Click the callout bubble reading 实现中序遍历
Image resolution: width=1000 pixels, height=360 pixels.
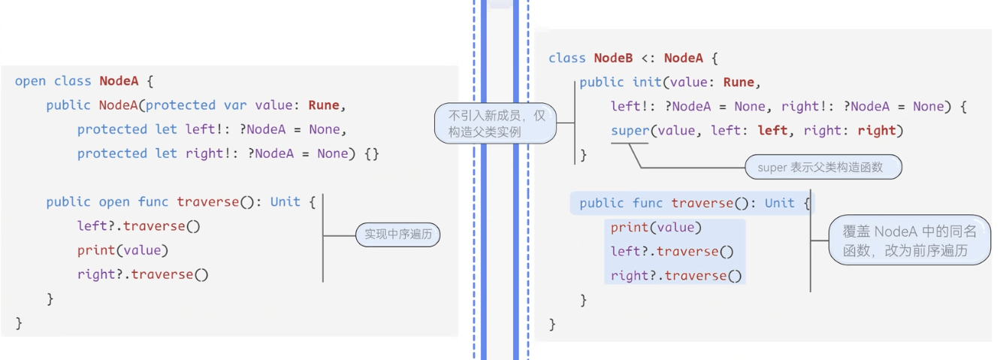(x=397, y=234)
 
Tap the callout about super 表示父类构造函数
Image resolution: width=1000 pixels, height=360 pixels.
(x=823, y=168)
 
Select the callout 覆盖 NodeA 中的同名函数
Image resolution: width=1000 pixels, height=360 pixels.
(x=909, y=241)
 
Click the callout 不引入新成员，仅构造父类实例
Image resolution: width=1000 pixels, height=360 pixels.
(x=496, y=124)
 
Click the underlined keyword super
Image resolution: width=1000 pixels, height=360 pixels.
(x=630, y=131)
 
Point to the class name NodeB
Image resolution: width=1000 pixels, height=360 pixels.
(x=613, y=58)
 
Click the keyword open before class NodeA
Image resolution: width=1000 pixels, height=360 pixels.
(x=30, y=81)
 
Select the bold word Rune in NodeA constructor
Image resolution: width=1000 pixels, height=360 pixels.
(x=324, y=105)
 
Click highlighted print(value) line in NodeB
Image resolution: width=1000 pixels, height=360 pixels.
(x=656, y=228)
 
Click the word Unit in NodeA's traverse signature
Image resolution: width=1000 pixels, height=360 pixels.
(x=285, y=201)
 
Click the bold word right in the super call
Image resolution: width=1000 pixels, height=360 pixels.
(x=877, y=131)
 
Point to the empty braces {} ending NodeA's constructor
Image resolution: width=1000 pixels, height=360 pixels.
(x=371, y=153)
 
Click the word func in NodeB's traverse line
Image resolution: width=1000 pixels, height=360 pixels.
(x=648, y=203)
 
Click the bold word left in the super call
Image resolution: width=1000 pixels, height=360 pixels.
(x=772, y=131)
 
